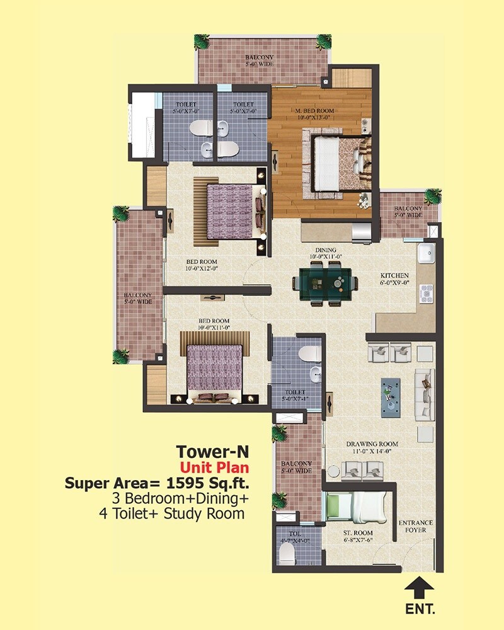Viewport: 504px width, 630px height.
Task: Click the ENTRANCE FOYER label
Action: point(415,526)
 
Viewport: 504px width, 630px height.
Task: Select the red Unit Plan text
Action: point(214,467)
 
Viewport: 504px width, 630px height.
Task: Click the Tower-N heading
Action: point(213,452)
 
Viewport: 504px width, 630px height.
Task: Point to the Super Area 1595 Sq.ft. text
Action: point(157,483)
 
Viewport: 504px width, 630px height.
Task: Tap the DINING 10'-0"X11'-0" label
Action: point(324,253)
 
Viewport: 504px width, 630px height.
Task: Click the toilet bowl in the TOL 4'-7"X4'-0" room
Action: point(287,554)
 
